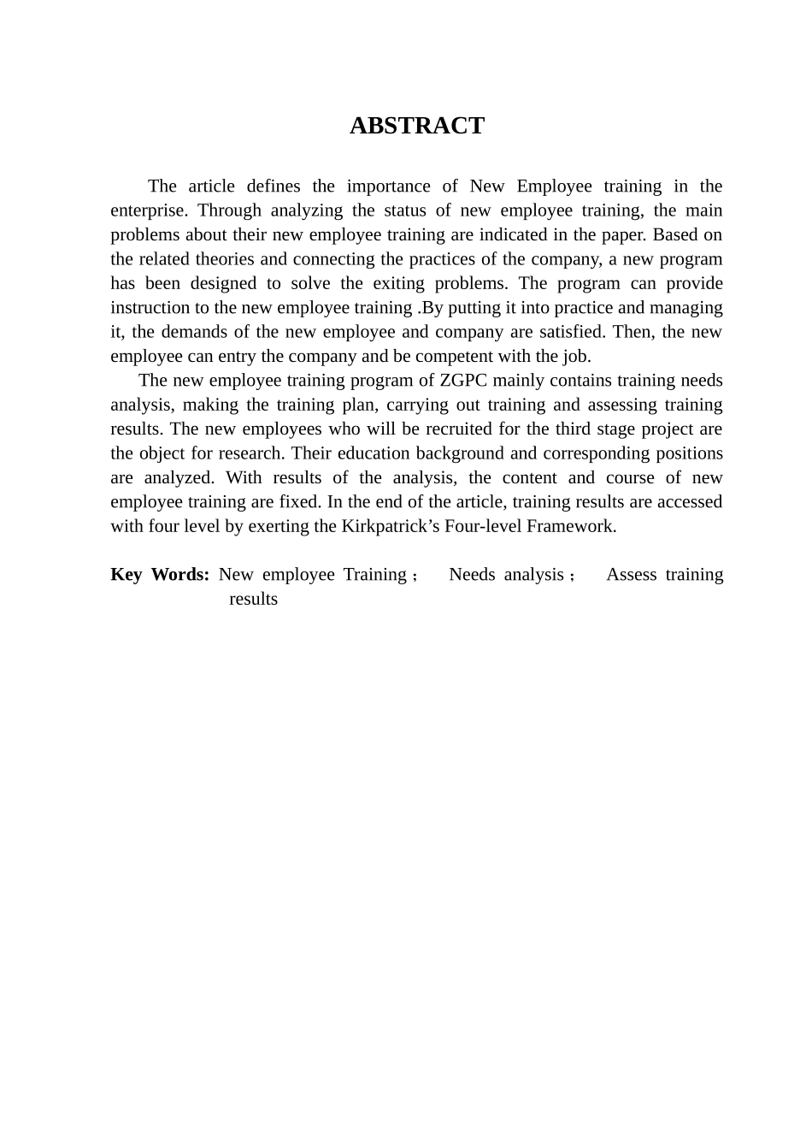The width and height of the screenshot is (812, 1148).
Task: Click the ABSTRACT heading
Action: tap(416, 126)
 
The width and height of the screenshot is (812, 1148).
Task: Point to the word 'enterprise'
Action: tap(148, 210)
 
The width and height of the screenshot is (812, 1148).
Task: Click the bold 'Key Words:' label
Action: tap(160, 575)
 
